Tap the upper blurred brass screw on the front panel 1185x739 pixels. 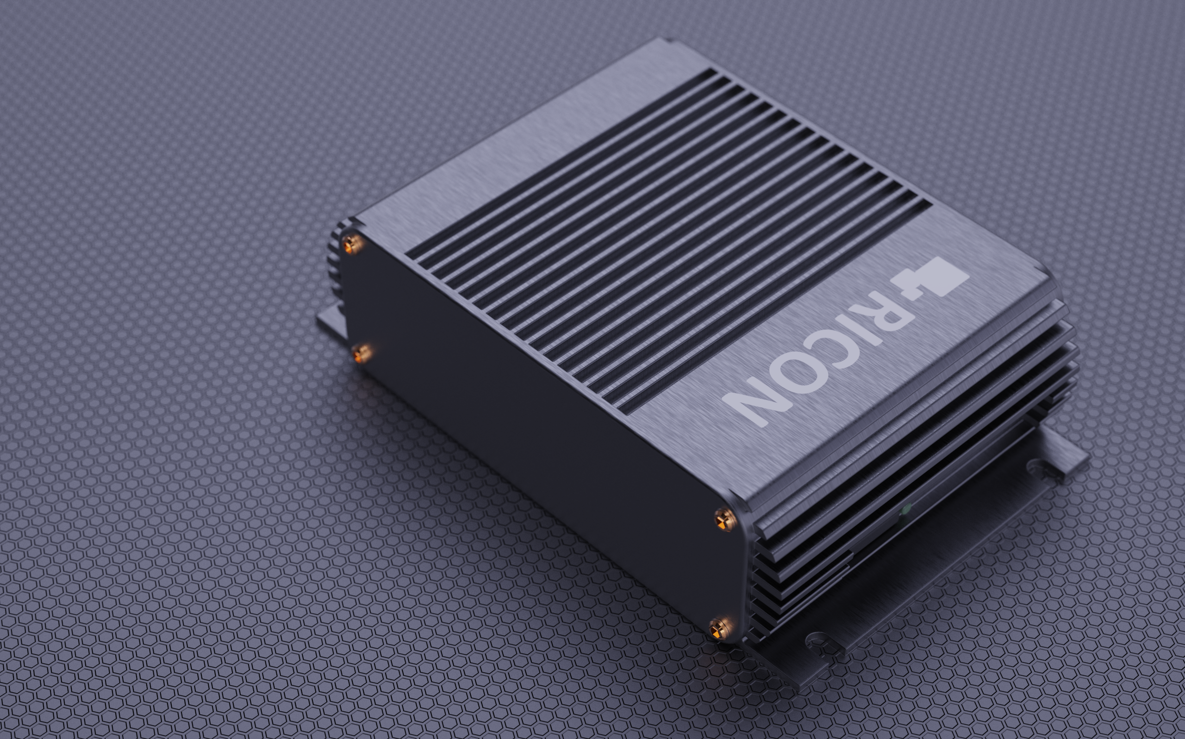(353, 243)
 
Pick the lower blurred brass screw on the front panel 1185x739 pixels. (362, 353)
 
